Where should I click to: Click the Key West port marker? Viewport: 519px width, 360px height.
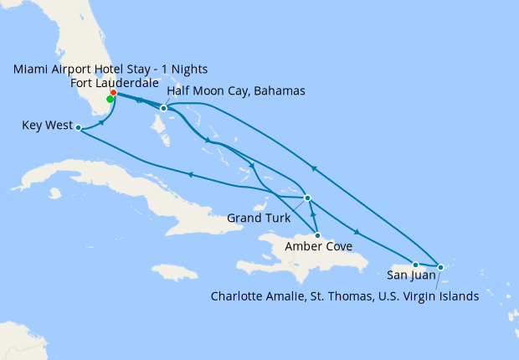(x=78, y=128)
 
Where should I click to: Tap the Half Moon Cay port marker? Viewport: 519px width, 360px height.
(x=164, y=108)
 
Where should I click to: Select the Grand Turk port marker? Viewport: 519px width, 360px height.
(x=308, y=198)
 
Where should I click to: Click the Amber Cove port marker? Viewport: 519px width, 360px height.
(x=317, y=236)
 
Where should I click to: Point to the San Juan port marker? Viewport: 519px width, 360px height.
(x=415, y=265)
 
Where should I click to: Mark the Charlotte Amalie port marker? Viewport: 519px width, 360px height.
(x=441, y=267)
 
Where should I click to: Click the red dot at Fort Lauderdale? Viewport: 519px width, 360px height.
(x=113, y=93)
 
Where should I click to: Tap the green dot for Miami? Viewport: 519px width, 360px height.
(x=110, y=99)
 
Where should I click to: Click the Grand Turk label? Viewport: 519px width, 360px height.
(x=259, y=219)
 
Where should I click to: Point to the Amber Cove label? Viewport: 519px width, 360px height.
(x=318, y=247)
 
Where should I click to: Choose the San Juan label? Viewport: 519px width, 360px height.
(x=410, y=275)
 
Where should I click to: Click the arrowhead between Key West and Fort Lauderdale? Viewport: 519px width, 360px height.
(x=103, y=122)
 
